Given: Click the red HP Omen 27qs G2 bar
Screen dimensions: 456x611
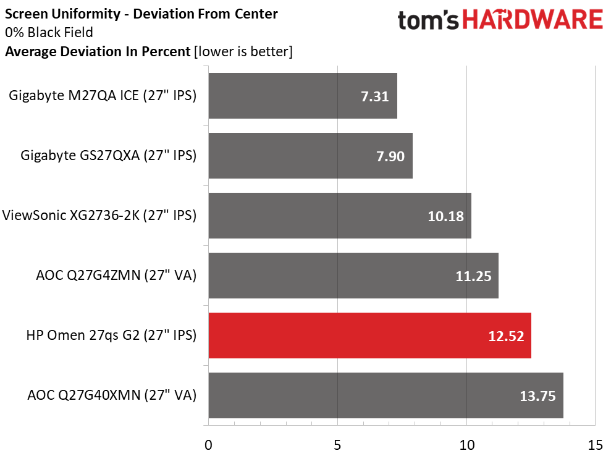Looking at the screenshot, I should [x=369, y=336].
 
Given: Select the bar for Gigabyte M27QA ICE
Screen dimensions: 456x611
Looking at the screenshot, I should [x=303, y=96].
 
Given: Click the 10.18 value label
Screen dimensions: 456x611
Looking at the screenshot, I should [x=445, y=216].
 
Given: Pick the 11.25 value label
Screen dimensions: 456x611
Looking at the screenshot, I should [x=473, y=276].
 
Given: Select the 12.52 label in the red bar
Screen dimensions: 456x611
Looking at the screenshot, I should [x=505, y=336].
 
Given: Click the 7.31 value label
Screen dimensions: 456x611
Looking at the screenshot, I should [x=374, y=96].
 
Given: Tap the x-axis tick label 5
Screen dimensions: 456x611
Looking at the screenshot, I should [x=337, y=444].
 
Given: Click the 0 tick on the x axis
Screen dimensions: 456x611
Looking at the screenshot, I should [x=209, y=444].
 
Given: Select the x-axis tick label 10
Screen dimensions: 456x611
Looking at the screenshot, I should [x=466, y=444].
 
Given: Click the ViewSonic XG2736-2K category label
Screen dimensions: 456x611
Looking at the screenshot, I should [x=99, y=216].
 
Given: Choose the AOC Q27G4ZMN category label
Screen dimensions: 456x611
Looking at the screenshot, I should [x=116, y=276].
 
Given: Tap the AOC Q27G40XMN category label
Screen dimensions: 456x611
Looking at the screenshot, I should [x=112, y=395].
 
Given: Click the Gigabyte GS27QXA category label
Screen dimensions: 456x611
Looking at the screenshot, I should [x=108, y=156].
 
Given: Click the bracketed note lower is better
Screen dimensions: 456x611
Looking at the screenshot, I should [x=243, y=52].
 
